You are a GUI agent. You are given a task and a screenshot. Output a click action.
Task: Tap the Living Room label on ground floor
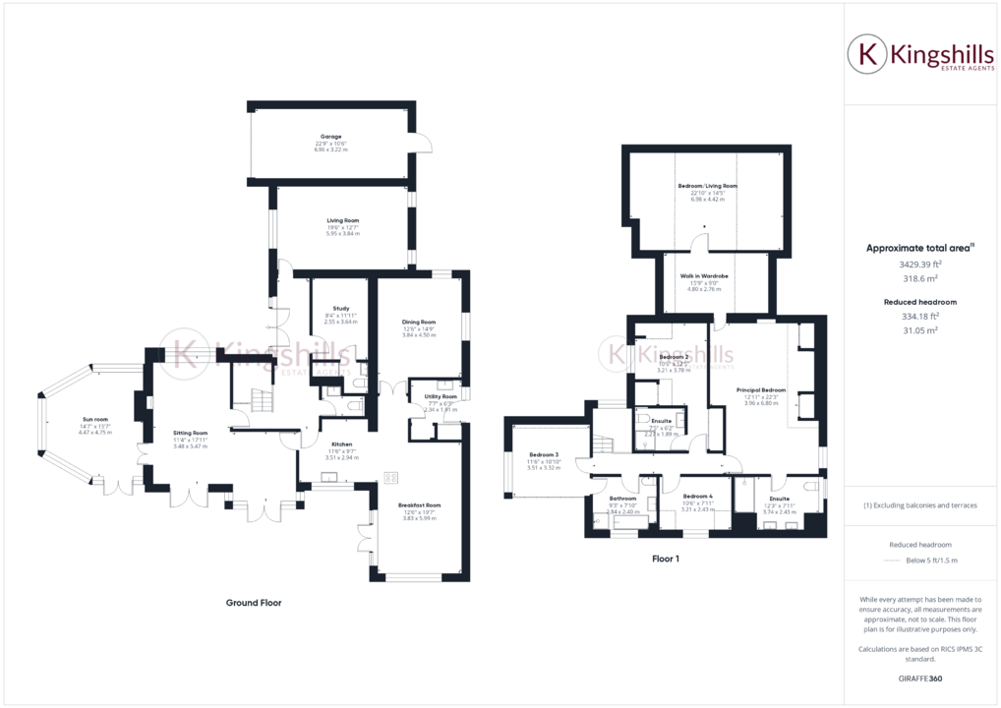[343, 220]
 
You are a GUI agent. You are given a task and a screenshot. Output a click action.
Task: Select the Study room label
[341, 309]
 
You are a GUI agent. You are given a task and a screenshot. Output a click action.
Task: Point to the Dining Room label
[419, 322]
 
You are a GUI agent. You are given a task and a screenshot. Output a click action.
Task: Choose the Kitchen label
[341, 444]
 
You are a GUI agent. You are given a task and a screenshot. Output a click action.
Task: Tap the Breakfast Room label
[420, 505]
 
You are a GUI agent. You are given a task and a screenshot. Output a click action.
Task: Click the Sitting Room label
[191, 433]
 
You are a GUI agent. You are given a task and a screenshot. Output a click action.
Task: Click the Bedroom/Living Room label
[707, 186]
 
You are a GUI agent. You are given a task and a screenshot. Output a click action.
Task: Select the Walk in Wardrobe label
[704, 276]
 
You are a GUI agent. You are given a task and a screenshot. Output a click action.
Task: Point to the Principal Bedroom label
[761, 390]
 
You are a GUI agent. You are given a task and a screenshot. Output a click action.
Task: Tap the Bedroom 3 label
[544, 454]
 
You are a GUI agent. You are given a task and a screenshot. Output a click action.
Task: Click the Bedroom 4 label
[696, 497]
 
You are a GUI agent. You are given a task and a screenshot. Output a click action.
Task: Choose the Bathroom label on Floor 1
[623, 499]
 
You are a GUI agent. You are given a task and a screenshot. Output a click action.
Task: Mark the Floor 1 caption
[666, 559]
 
